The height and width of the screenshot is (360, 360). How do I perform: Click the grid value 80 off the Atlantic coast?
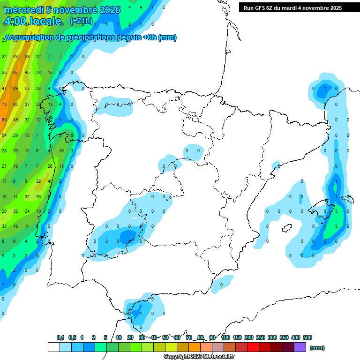pos(4,120)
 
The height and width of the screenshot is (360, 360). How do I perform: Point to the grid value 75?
pos(4,104)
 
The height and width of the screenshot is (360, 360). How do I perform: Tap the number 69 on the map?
pos(15,89)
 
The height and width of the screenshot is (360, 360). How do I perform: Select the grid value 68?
pos(27,57)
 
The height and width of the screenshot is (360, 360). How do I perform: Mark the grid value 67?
pos(15,73)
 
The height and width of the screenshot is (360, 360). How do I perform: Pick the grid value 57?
pos(27,89)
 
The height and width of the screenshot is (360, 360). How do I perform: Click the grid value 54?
pos(4,135)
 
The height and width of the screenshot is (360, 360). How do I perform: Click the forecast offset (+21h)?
pos(81,21)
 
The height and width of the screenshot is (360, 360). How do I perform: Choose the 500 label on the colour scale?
pos(307,337)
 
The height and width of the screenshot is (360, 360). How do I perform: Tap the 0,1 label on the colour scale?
pos(60,337)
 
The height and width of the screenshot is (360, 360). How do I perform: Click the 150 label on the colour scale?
pos(237,337)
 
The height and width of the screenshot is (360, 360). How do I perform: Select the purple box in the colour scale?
pos(300,347)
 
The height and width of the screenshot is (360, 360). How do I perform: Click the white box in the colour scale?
pos(53,347)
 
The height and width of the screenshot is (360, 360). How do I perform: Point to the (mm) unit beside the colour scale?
pos(317,348)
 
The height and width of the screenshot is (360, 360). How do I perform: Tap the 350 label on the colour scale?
pos(284,337)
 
